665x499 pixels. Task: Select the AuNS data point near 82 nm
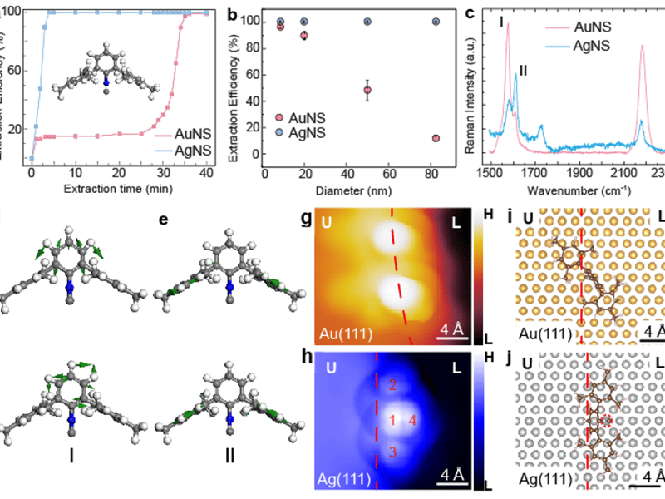pyautogui.click(x=436, y=138)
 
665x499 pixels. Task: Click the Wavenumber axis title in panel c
pyautogui.click(x=574, y=190)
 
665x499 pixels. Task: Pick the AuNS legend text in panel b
pyautogui.click(x=305, y=119)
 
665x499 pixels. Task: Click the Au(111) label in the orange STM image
pyautogui.click(x=342, y=334)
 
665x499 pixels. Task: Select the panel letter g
pyautogui.click(x=307, y=220)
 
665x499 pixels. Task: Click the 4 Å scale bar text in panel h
pyautogui.click(x=453, y=473)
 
